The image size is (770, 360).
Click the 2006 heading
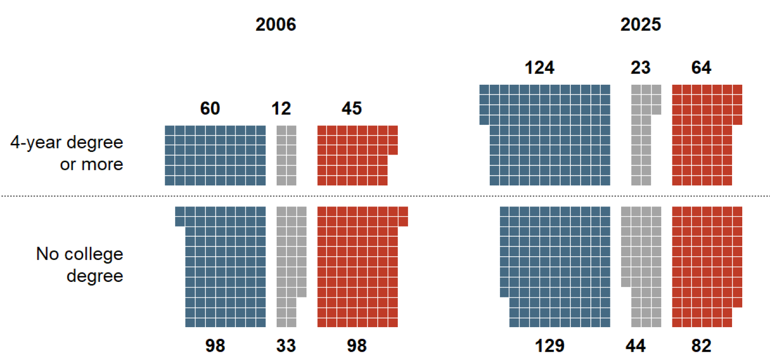coord(276,25)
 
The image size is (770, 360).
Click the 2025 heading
coord(641,25)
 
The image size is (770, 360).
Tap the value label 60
coord(210,108)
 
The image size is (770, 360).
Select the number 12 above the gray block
coord(281,108)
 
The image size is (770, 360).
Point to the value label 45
coord(352,108)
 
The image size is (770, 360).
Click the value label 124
coord(540,68)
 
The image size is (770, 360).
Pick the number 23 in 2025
coord(641,68)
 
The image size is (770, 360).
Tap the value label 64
coord(701,68)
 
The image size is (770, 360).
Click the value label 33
coord(286,346)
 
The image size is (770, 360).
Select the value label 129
coord(550,346)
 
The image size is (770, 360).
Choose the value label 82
coord(701,346)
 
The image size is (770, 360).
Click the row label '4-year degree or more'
coord(67,153)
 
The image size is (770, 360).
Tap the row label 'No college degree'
coord(80,265)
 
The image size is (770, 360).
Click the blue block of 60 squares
coord(215,155)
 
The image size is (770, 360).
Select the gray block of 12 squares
coord(286,155)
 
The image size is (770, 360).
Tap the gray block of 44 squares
coord(641,267)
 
